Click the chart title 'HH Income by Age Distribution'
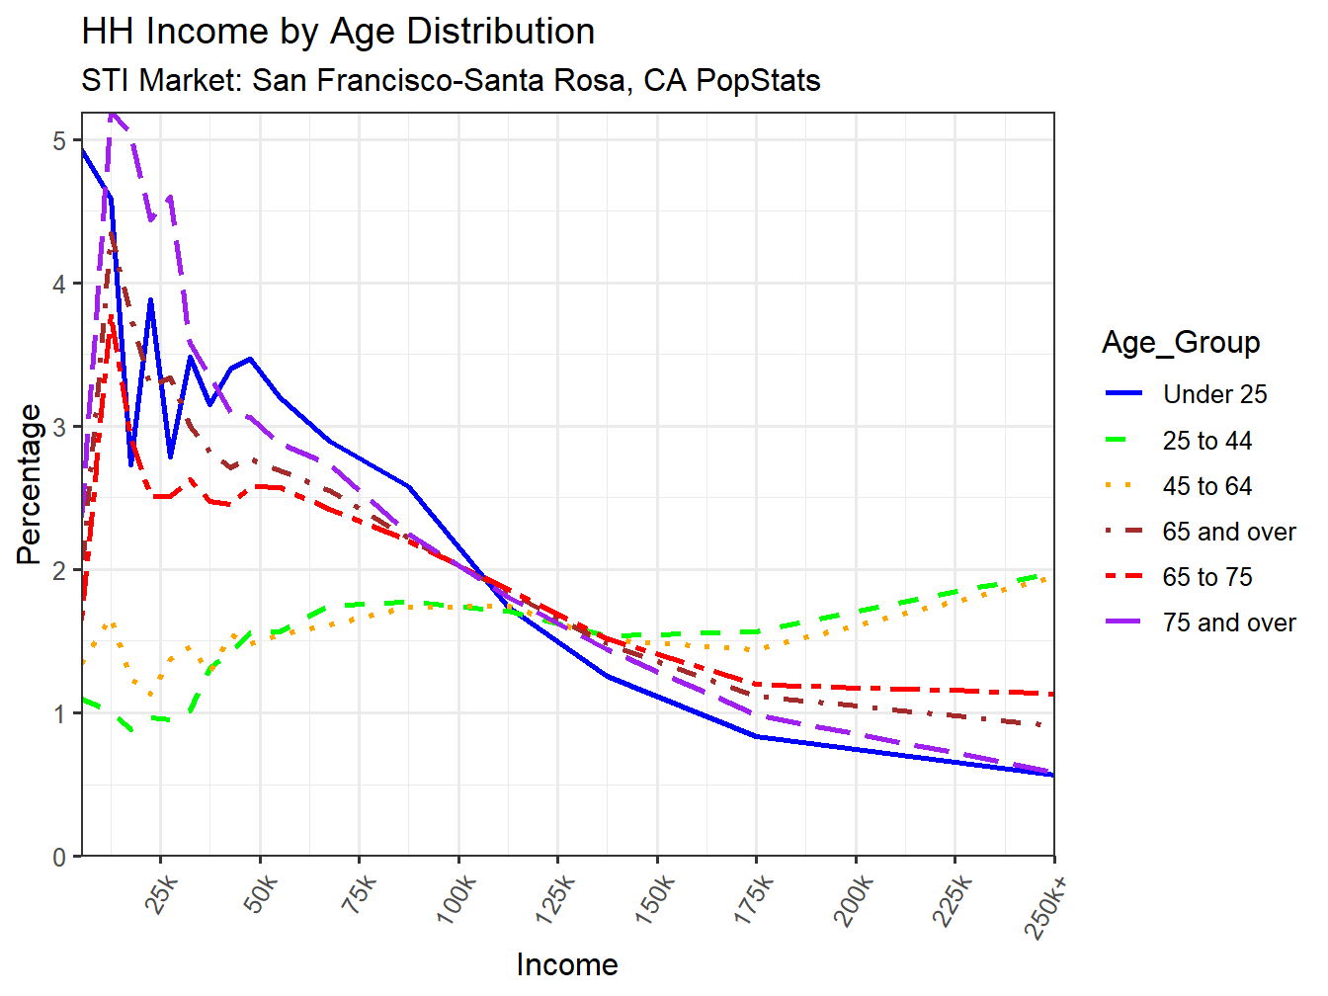pos(338,32)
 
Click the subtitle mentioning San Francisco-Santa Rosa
pos(451,80)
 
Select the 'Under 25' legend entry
pos(1214,394)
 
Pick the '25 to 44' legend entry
pos(1206,441)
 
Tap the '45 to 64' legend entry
pos(1206,486)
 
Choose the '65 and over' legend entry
pos(1228,532)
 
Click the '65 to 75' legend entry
pos(1206,577)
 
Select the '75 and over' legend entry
pos(1228,622)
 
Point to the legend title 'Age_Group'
pos(1181,343)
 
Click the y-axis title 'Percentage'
pos(30,484)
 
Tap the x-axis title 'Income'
pos(567,965)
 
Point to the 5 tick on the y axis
pos(59,140)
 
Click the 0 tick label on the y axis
pos(59,857)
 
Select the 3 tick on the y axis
pos(59,427)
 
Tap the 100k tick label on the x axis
pos(456,899)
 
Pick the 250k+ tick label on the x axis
pos(1047,905)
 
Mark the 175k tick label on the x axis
pos(754,899)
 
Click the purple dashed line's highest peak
pos(112,114)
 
